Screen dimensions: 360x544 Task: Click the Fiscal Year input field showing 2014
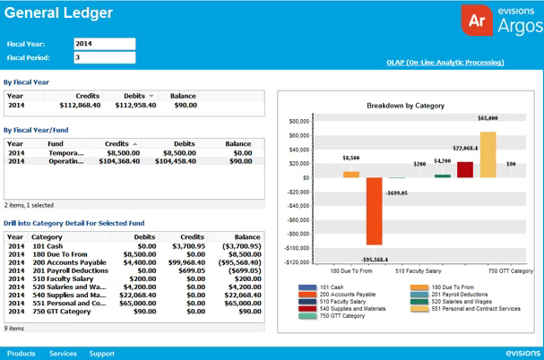point(104,43)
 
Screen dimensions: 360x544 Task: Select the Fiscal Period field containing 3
point(104,58)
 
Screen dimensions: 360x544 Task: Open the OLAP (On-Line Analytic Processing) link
point(445,63)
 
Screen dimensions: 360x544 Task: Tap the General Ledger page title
point(58,13)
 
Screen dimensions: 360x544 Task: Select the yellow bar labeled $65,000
point(488,155)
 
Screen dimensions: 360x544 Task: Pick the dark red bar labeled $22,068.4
point(464,169)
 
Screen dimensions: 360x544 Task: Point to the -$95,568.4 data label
point(374,260)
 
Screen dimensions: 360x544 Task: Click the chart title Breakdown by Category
point(405,106)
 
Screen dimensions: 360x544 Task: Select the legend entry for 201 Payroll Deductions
point(456,294)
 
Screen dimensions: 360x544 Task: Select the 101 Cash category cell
point(47,244)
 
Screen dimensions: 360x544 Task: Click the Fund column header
point(56,143)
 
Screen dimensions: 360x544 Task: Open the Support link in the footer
point(101,354)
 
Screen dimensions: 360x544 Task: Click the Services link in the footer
point(63,354)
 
